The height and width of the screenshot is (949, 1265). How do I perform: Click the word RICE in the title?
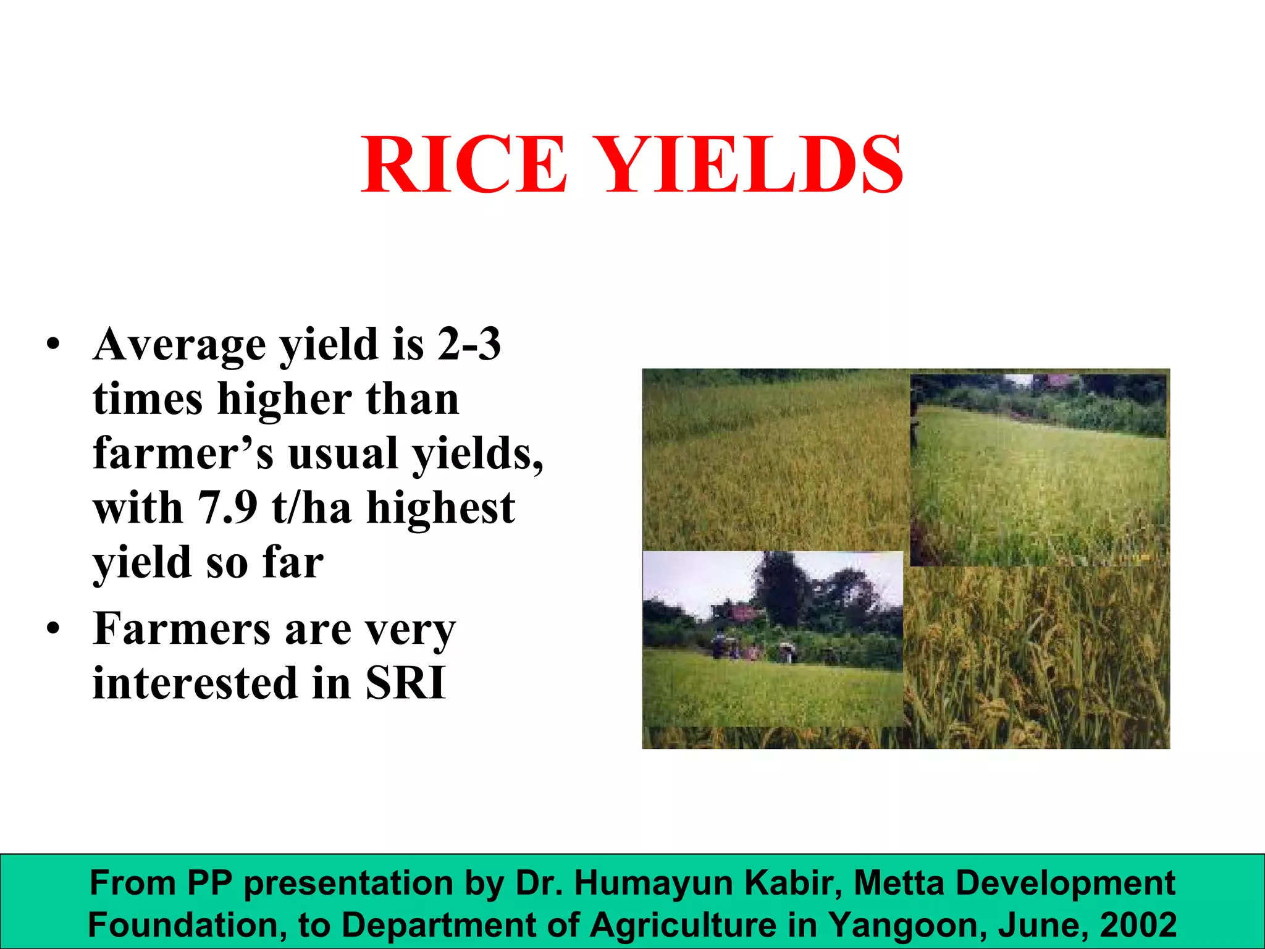(x=463, y=164)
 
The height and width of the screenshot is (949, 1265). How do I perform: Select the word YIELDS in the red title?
(x=751, y=164)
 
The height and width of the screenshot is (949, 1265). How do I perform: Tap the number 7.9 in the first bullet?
(x=227, y=508)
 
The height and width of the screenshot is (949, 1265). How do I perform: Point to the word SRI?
(x=405, y=683)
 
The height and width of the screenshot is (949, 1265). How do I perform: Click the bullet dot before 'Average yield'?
(x=54, y=345)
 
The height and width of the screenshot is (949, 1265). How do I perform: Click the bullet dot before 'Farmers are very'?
(x=54, y=629)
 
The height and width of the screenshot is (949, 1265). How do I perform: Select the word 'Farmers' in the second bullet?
(x=182, y=629)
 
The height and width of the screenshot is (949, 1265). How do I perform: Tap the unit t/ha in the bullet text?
(x=311, y=508)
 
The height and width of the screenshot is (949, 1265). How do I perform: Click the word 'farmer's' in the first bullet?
(x=183, y=453)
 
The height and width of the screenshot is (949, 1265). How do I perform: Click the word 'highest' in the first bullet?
(x=440, y=508)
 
